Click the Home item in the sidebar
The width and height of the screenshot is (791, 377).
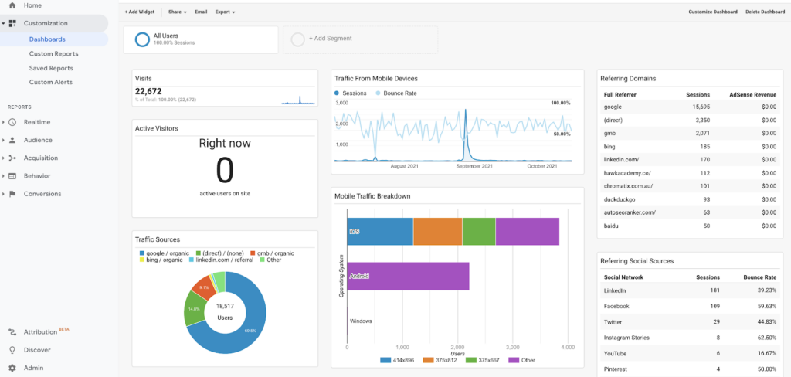pos(32,5)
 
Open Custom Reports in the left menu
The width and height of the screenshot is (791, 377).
pos(53,54)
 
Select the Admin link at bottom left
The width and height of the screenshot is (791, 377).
pos(33,368)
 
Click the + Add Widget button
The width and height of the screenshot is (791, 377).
pos(140,12)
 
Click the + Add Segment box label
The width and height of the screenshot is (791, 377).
pos(330,38)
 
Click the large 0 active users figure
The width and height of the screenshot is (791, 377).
pos(224,168)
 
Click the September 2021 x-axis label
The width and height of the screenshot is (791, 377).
pos(474,166)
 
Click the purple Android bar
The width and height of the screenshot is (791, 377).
pos(409,275)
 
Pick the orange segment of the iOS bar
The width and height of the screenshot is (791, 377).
pos(437,231)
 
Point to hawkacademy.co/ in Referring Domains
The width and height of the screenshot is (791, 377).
pos(627,173)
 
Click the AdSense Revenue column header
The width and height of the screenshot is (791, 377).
pos(753,94)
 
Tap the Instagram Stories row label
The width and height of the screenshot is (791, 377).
pos(626,338)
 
